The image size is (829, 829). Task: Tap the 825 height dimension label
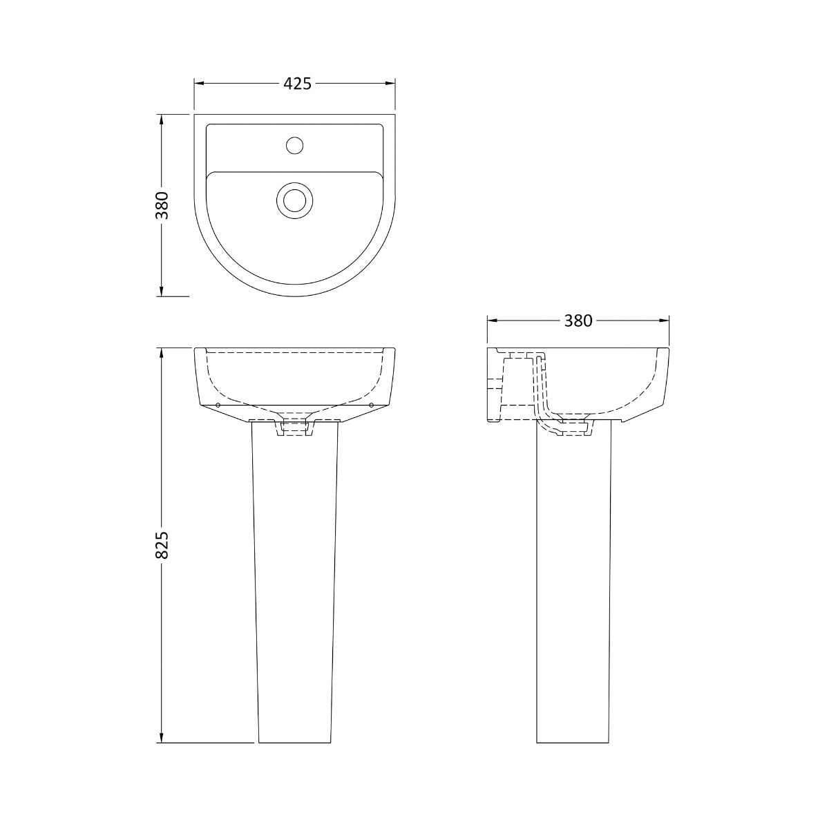click(161, 546)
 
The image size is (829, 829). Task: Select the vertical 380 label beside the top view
click(161, 205)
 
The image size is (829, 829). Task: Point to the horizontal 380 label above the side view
click(578, 321)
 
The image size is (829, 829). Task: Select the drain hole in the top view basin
click(295, 200)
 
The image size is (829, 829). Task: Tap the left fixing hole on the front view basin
click(218, 405)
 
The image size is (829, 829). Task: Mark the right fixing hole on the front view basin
click(372, 405)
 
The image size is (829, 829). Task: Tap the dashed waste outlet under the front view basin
click(295, 428)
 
